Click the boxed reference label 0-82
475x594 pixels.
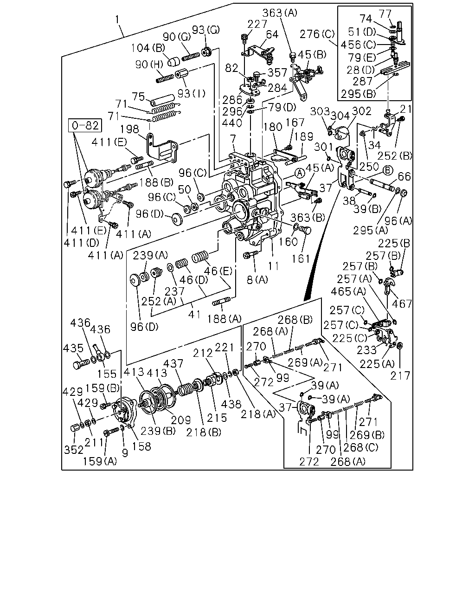tap(85, 126)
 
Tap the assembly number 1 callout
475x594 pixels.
tap(117, 20)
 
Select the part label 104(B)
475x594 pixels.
tap(148, 48)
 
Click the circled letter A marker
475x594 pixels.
tap(300, 174)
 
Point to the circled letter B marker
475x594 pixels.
tap(388, 170)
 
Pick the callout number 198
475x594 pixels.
tap(130, 129)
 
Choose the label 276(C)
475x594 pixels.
tap(317, 34)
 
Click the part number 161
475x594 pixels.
tap(301, 259)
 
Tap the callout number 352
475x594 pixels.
tap(74, 450)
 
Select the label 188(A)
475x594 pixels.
tap(224, 319)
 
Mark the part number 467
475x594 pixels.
tap(402, 304)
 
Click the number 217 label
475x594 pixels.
tap(400, 376)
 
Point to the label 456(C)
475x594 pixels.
tap(359, 45)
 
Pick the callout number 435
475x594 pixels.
tap(73, 349)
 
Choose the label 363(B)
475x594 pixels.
tap(308, 218)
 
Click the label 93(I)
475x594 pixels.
tap(192, 94)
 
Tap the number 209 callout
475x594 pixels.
tap(181, 420)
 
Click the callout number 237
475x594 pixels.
tap(174, 291)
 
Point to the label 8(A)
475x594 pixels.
tap(257, 280)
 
